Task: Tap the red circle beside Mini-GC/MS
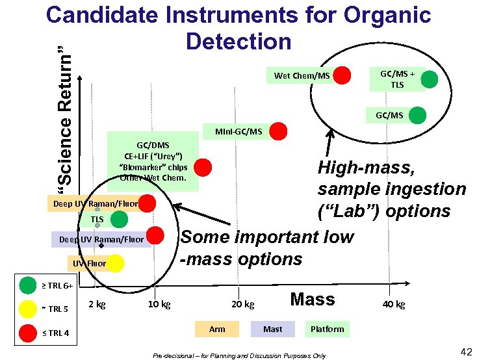click(x=278, y=131)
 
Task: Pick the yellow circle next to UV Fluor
click(x=115, y=263)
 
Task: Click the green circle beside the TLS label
click(x=119, y=219)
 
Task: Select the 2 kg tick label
click(x=97, y=304)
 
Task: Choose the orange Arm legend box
click(x=217, y=329)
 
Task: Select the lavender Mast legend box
click(x=272, y=329)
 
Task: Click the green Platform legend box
click(x=327, y=329)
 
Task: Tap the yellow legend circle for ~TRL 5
click(x=28, y=309)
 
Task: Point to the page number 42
click(x=465, y=352)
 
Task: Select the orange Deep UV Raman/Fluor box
click(x=94, y=204)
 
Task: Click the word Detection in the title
click(x=238, y=41)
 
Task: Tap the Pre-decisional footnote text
click(x=238, y=355)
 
